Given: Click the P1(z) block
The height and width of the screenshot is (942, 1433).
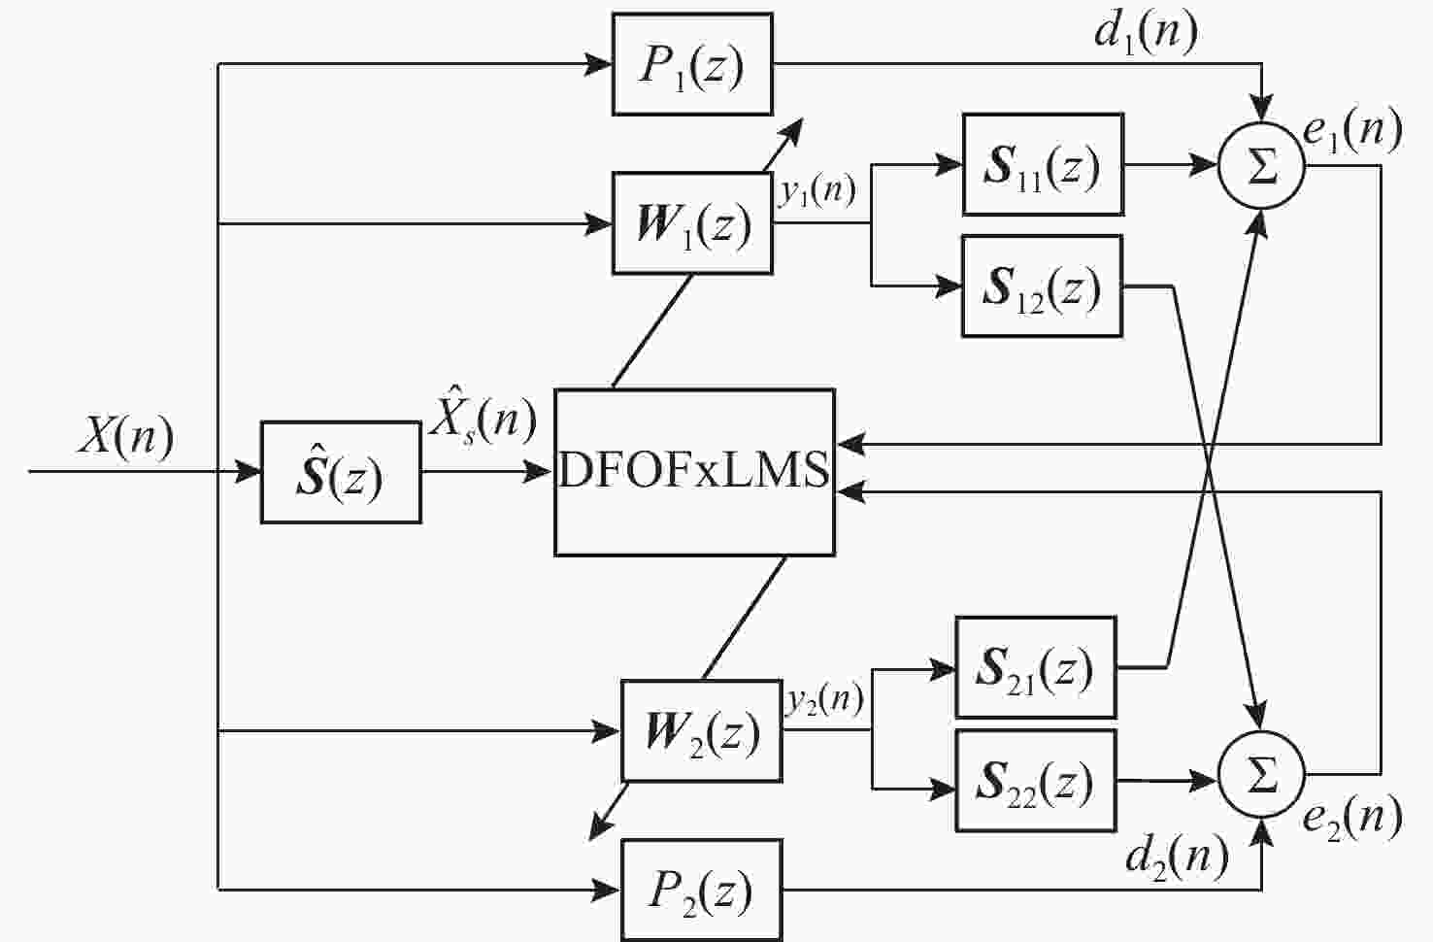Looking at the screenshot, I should [692, 64].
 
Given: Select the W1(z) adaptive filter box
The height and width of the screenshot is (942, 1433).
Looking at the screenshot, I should [692, 223].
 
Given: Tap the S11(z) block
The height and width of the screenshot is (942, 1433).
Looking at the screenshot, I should [1043, 165].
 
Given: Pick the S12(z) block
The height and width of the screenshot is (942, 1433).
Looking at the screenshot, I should [1042, 286].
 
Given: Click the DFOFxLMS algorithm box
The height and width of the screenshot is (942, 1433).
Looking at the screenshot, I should [694, 472].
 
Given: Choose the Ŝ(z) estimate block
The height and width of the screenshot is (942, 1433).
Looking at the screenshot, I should [341, 473].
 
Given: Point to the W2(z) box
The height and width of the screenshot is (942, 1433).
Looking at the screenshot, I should [701, 731].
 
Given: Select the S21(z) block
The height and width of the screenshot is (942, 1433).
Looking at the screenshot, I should [1035, 668].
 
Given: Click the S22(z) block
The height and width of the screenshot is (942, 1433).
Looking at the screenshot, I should [1035, 781].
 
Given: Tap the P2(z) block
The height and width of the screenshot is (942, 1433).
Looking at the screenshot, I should [701, 890].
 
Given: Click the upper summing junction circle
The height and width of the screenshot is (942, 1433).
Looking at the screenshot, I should [1261, 167].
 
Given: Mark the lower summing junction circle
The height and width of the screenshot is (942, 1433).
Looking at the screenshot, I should [1261, 776].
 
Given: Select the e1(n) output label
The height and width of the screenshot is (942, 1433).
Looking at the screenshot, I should [1352, 129].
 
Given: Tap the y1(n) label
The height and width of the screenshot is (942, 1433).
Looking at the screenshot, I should [817, 190].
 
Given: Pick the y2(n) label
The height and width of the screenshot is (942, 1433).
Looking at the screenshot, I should [825, 699].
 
